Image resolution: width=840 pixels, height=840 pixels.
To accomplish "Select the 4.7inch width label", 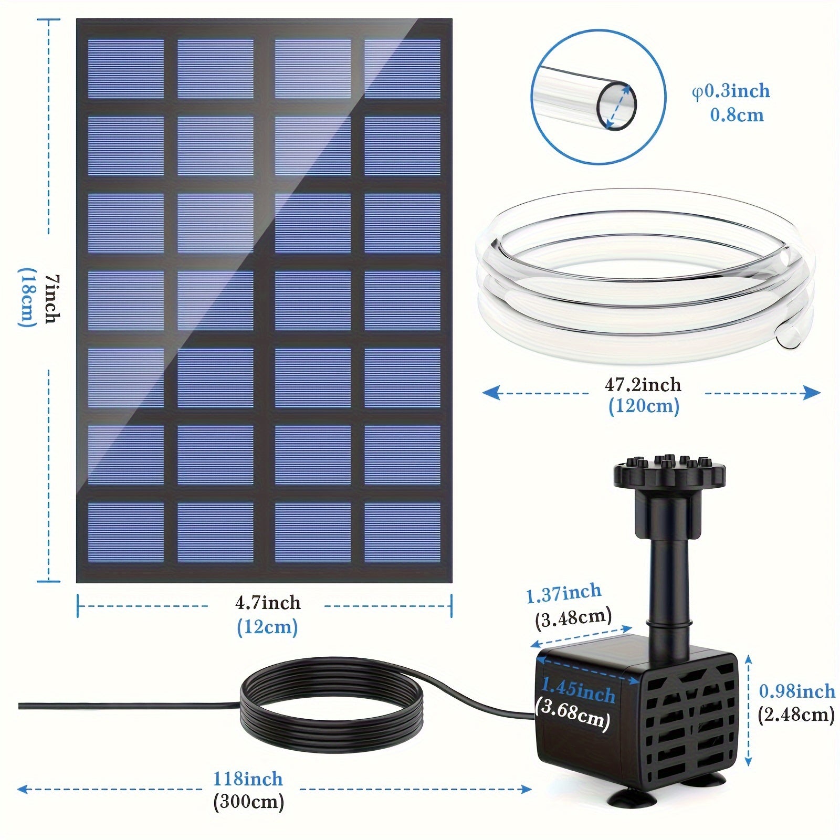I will click(x=268, y=602).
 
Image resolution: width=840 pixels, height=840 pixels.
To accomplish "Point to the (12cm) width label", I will click(x=267, y=627).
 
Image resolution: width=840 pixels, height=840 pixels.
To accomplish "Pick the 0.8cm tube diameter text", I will click(x=737, y=115).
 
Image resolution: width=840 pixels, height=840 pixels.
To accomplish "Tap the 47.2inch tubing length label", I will click(x=643, y=385).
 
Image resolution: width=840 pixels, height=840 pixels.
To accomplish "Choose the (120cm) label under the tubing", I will click(x=644, y=406).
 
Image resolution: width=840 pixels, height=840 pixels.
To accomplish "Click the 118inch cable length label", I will click(x=248, y=779).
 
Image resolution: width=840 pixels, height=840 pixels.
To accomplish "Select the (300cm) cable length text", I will click(x=249, y=802).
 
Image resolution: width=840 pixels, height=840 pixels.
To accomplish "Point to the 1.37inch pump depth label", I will click(x=564, y=594).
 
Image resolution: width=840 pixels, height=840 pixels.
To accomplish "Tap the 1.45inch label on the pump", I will click(x=577, y=691).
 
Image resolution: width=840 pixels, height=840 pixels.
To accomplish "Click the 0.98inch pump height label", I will click(x=797, y=691).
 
